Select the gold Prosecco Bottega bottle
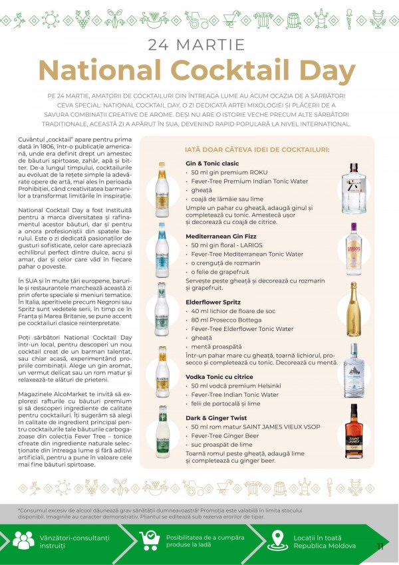point(353,310)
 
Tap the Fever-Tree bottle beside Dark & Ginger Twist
point(162,432)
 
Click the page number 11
point(380,546)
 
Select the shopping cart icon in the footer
point(150,540)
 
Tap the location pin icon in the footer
point(277,540)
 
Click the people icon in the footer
point(23,540)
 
